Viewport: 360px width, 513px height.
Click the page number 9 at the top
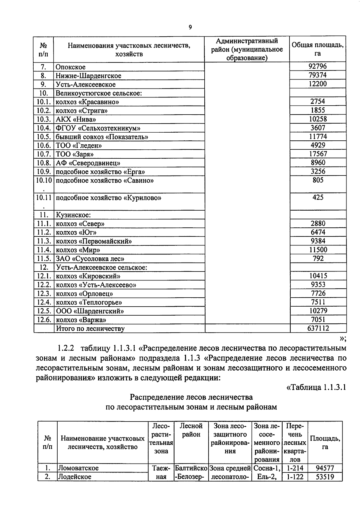[x=190, y=27]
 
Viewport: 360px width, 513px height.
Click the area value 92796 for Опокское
[x=317, y=66]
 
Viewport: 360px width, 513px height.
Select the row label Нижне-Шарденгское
[x=88, y=76]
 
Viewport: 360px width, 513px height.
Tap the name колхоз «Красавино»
[x=87, y=102]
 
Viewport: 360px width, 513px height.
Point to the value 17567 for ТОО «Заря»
[x=318, y=154]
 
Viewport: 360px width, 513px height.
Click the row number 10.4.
[x=43, y=128]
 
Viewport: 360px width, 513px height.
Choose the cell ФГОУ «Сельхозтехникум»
[x=98, y=128]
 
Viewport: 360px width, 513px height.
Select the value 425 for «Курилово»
[x=318, y=197]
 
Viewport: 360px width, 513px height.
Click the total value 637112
[x=318, y=328]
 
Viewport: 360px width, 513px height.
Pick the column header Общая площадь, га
[x=318, y=49]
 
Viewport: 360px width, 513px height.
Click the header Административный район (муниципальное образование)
[x=247, y=49]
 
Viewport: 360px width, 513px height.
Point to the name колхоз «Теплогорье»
[x=89, y=302]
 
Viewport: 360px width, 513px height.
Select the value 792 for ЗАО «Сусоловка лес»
[x=318, y=258]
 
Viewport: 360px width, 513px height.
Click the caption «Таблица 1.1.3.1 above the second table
[x=316, y=387]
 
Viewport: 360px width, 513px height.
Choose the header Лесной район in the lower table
[x=191, y=430]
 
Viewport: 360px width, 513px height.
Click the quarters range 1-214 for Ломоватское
[x=295, y=468]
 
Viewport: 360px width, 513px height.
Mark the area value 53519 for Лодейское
[x=325, y=476]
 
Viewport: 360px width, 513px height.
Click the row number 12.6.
[x=43, y=319]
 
